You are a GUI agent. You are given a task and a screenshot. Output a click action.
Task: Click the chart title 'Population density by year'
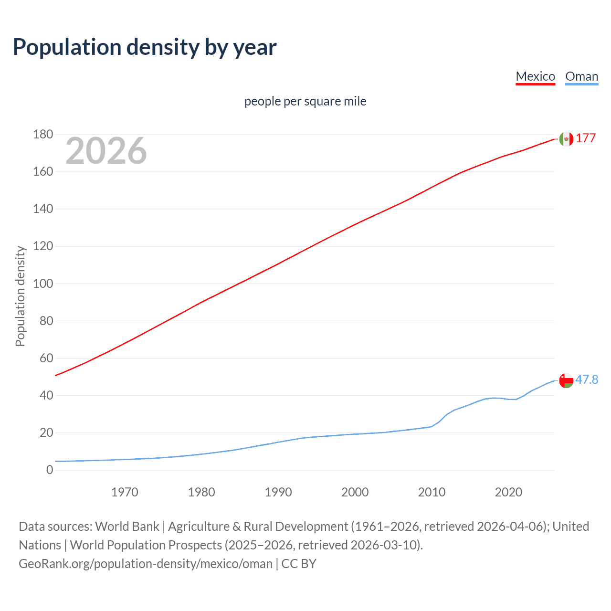click(x=145, y=47)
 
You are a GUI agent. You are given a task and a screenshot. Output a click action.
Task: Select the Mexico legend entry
click(x=535, y=76)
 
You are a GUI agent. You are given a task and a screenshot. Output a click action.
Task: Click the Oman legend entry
click(x=581, y=76)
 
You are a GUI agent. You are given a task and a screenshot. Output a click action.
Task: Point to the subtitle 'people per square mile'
click(x=305, y=101)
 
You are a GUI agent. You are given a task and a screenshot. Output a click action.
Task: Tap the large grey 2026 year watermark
click(x=106, y=151)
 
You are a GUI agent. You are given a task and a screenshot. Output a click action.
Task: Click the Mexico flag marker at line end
click(x=566, y=138)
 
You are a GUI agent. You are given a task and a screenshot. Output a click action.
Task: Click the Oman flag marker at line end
click(x=566, y=380)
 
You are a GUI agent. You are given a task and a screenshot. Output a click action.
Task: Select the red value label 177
click(x=586, y=138)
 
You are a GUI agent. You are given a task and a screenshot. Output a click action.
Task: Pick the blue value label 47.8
click(x=587, y=379)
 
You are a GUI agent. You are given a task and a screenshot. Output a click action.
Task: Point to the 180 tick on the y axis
click(x=43, y=135)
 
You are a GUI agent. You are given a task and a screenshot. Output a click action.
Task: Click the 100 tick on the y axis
click(x=43, y=284)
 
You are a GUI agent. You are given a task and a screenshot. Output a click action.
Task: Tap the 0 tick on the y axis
click(x=50, y=470)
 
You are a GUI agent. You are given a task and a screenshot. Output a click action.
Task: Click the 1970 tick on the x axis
click(x=125, y=492)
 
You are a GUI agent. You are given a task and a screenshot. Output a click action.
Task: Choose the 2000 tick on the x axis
click(x=355, y=492)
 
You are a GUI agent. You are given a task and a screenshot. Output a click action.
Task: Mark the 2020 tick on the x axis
click(x=508, y=492)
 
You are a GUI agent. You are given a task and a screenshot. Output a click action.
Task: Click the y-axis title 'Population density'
click(x=20, y=296)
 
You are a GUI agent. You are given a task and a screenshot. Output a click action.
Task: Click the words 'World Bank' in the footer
click(x=127, y=527)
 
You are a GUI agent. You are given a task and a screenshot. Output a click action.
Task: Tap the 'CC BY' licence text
click(x=299, y=564)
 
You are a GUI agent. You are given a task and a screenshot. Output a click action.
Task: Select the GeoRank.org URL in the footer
click(x=146, y=564)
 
